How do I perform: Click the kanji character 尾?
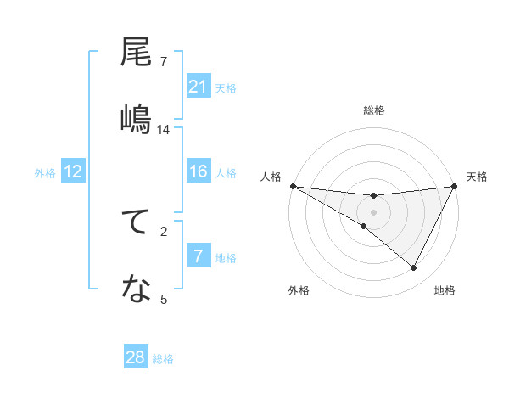pyautogui.click(x=137, y=53)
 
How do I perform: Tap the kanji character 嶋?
pyautogui.click(x=137, y=118)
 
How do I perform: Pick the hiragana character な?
pyautogui.click(x=137, y=290)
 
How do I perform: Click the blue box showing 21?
pyautogui.click(x=198, y=87)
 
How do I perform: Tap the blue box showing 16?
pyautogui.click(x=198, y=171)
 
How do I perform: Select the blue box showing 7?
pyautogui.click(x=198, y=256)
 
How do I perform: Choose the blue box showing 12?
pyautogui.click(x=72, y=171)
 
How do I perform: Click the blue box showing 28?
pyautogui.click(x=135, y=357)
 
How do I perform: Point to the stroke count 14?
pyautogui.click(x=164, y=130)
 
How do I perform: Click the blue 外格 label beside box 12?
pyautogui.click(x=45, y=173)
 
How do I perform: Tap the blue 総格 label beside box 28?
pyautogui.click(x=163, y=359)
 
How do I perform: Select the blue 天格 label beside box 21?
pyautogui.click(x=226, y=88)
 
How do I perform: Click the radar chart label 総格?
pyautogui.click(x=373, y=110)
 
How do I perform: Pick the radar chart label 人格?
pyautogui.click(x=271, y=177)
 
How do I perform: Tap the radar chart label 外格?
pyautogui.click(x=299, y=290)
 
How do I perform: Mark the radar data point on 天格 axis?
pyautogui.click(x=455, y=186)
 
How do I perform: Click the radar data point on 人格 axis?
pyautogui.click(x=293, y=186)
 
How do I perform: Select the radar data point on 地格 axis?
pyautogui.click(x=414, y=268)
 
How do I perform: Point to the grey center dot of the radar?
pyautogui.click(x=373, y=212)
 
